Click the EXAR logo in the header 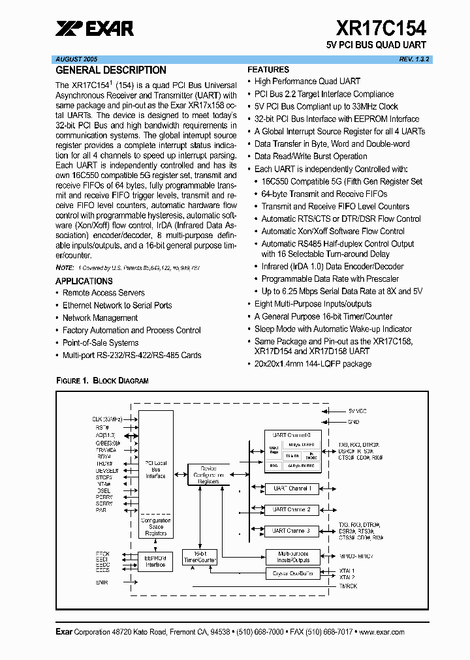pos(95,28)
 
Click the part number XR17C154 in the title pos(381,28)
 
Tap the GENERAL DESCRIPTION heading pos(111,70)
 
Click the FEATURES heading pos(268,70)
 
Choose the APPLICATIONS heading pos(84,281)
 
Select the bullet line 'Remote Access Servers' pos(103,293)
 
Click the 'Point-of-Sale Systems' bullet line pos(101,343)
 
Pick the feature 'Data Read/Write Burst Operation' pos(311,157)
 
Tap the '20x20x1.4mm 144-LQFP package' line pos(313,364)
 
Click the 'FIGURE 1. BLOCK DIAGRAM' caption pos(102,380)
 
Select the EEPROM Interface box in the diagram pos(155,561)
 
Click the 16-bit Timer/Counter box pos(199,556)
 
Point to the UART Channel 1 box pos(291,488)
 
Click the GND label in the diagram pos(354,422)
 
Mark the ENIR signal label pos(102,582)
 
